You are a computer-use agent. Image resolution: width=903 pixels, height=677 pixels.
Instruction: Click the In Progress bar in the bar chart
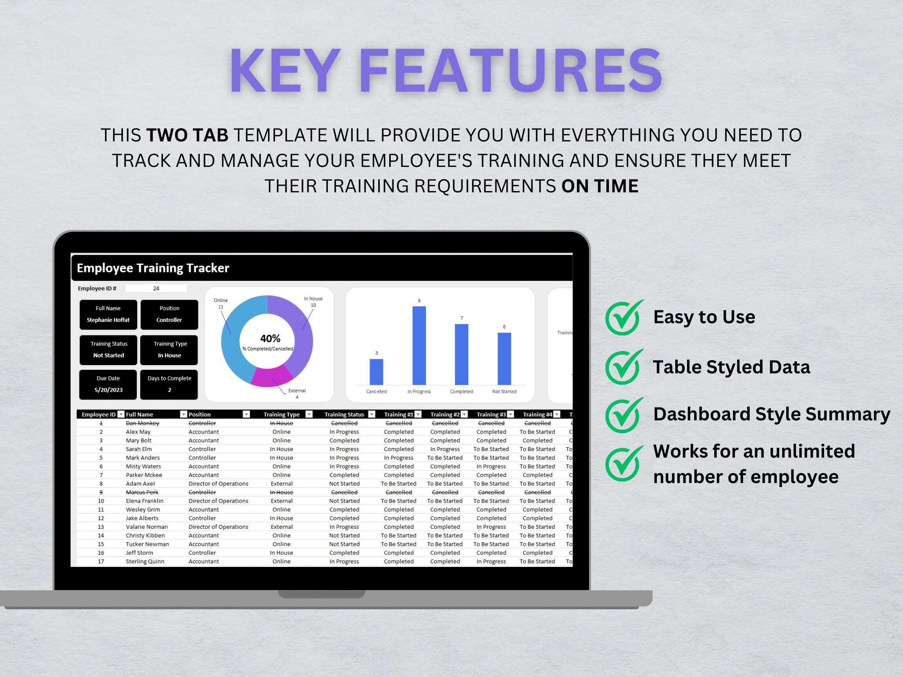419,345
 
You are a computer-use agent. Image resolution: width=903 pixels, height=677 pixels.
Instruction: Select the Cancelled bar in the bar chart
376,372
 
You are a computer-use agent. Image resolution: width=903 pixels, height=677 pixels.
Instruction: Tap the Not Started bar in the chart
504,359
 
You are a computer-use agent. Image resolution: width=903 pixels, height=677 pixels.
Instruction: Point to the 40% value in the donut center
270,338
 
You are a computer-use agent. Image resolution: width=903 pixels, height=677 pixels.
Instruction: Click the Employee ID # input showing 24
156,288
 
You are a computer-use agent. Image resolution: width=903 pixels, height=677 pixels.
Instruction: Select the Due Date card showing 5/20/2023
108,384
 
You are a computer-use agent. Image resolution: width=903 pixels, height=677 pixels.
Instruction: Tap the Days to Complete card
169,384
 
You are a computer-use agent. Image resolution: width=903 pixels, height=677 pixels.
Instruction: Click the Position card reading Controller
169,314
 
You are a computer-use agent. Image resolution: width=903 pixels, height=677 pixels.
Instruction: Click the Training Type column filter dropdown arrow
309,414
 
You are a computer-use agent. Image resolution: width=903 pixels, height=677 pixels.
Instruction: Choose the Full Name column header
140,414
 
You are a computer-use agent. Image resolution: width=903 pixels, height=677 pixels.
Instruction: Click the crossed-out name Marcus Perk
142,492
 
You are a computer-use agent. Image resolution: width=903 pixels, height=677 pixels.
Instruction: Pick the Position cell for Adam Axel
218,483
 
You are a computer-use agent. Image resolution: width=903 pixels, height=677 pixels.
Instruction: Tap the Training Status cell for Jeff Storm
344,552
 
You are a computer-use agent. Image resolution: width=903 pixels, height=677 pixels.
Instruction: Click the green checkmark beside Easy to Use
624,317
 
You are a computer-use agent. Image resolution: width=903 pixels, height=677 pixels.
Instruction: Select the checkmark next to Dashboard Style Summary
624,415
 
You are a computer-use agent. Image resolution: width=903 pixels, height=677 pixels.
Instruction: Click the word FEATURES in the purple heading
510,71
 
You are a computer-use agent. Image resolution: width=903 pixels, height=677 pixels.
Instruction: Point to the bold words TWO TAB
187,135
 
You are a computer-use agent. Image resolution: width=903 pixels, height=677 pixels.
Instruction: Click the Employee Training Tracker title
153,268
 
